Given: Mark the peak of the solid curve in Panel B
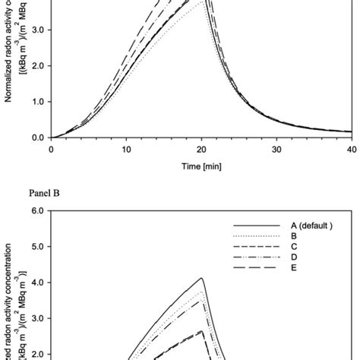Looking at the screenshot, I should [202, 278].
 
